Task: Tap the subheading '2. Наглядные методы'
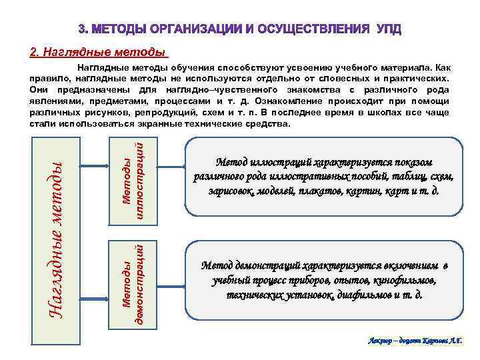pos(97,53)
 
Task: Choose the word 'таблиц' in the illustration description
pos(407,177)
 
